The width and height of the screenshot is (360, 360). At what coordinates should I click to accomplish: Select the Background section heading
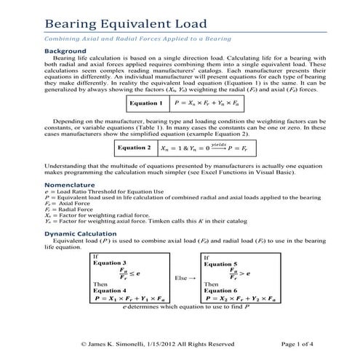pyautogui.click(x=66, y=52)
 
